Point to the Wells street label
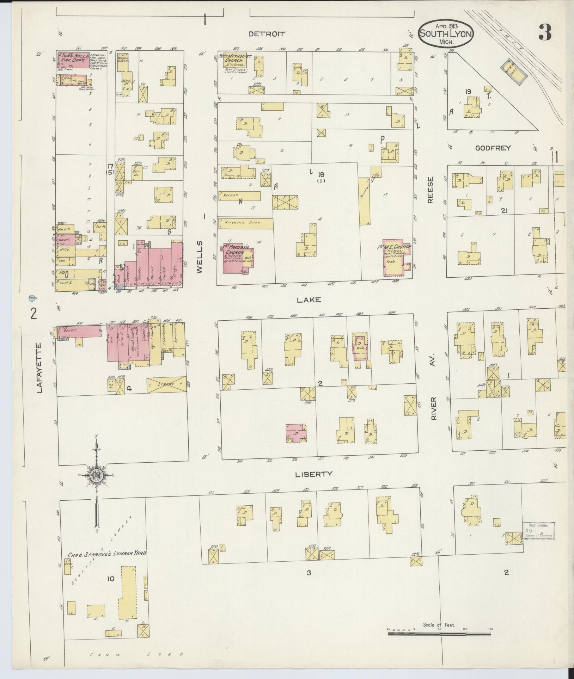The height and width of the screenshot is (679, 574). (x=199, y=257)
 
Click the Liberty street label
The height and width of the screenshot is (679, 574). (x=314, y=474)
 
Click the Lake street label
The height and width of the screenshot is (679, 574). (x=309, y=300)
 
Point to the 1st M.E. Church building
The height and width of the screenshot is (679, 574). (x=396, y=259)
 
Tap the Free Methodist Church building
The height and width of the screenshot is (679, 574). (x=233, y=61)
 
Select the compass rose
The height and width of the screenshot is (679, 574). (x=97, y=475)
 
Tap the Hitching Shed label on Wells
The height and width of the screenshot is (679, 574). (x=245, y=223)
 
